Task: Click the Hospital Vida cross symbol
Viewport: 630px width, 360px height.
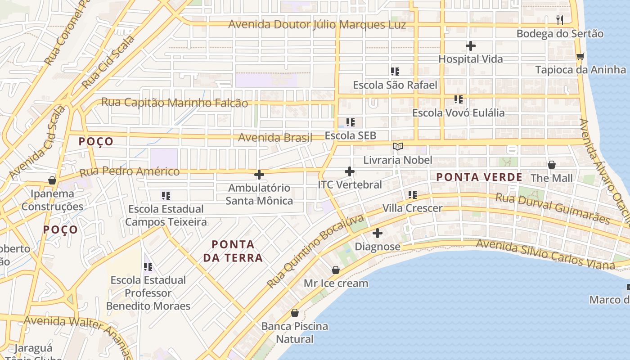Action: pyautogui.click(x=470, y=46)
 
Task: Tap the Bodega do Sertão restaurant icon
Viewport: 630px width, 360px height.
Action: pyautogui.click(x=560, y=20)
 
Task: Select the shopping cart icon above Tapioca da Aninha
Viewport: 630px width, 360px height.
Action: pyautogui.click(x=580, y=56)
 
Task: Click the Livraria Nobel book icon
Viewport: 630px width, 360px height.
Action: pyautogui.click(x=397, y=146)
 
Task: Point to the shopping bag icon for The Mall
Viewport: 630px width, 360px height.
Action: pyautogui.click(x=552, y=165)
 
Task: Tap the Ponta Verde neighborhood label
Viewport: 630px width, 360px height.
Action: pyautogui.click(x=479, y=177)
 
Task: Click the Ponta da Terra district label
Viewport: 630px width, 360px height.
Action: pyautogui.click(x=233, y=251)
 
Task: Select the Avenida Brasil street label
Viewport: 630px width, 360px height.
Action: pyautogui.click(x=274, y=138)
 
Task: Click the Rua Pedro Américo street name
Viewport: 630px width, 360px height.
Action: pyautogui.click(x=130, y=171)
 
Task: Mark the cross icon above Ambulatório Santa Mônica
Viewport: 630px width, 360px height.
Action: pyautogui.click(x=259, y=175)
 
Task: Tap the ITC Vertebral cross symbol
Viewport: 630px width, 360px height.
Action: pyautogui.click(x=350, y=171)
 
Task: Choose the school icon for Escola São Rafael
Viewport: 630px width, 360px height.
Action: pyautogui.click(x=395, y=72)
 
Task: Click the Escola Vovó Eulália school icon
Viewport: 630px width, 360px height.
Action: pyautogui.click(x=458, y=99)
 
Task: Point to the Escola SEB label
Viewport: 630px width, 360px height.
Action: pyautogui.click(x=350, y=135)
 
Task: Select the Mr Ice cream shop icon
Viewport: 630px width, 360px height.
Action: pyautogui.click(x=335, y=270)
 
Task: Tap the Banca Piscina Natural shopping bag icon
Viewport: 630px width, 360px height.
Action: pyautogui.click(x=295, y=313)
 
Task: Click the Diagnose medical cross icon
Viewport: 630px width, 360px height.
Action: pyautogui.click(x=378, y=233)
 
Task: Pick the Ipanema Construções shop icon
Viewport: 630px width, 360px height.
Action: pyautogui.click(x=52, y=180)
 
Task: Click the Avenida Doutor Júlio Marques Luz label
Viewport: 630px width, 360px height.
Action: pyautogui.click(x=317, y=25)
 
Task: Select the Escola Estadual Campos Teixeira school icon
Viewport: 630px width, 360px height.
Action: pyautogui.click(x=166, y=196)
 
